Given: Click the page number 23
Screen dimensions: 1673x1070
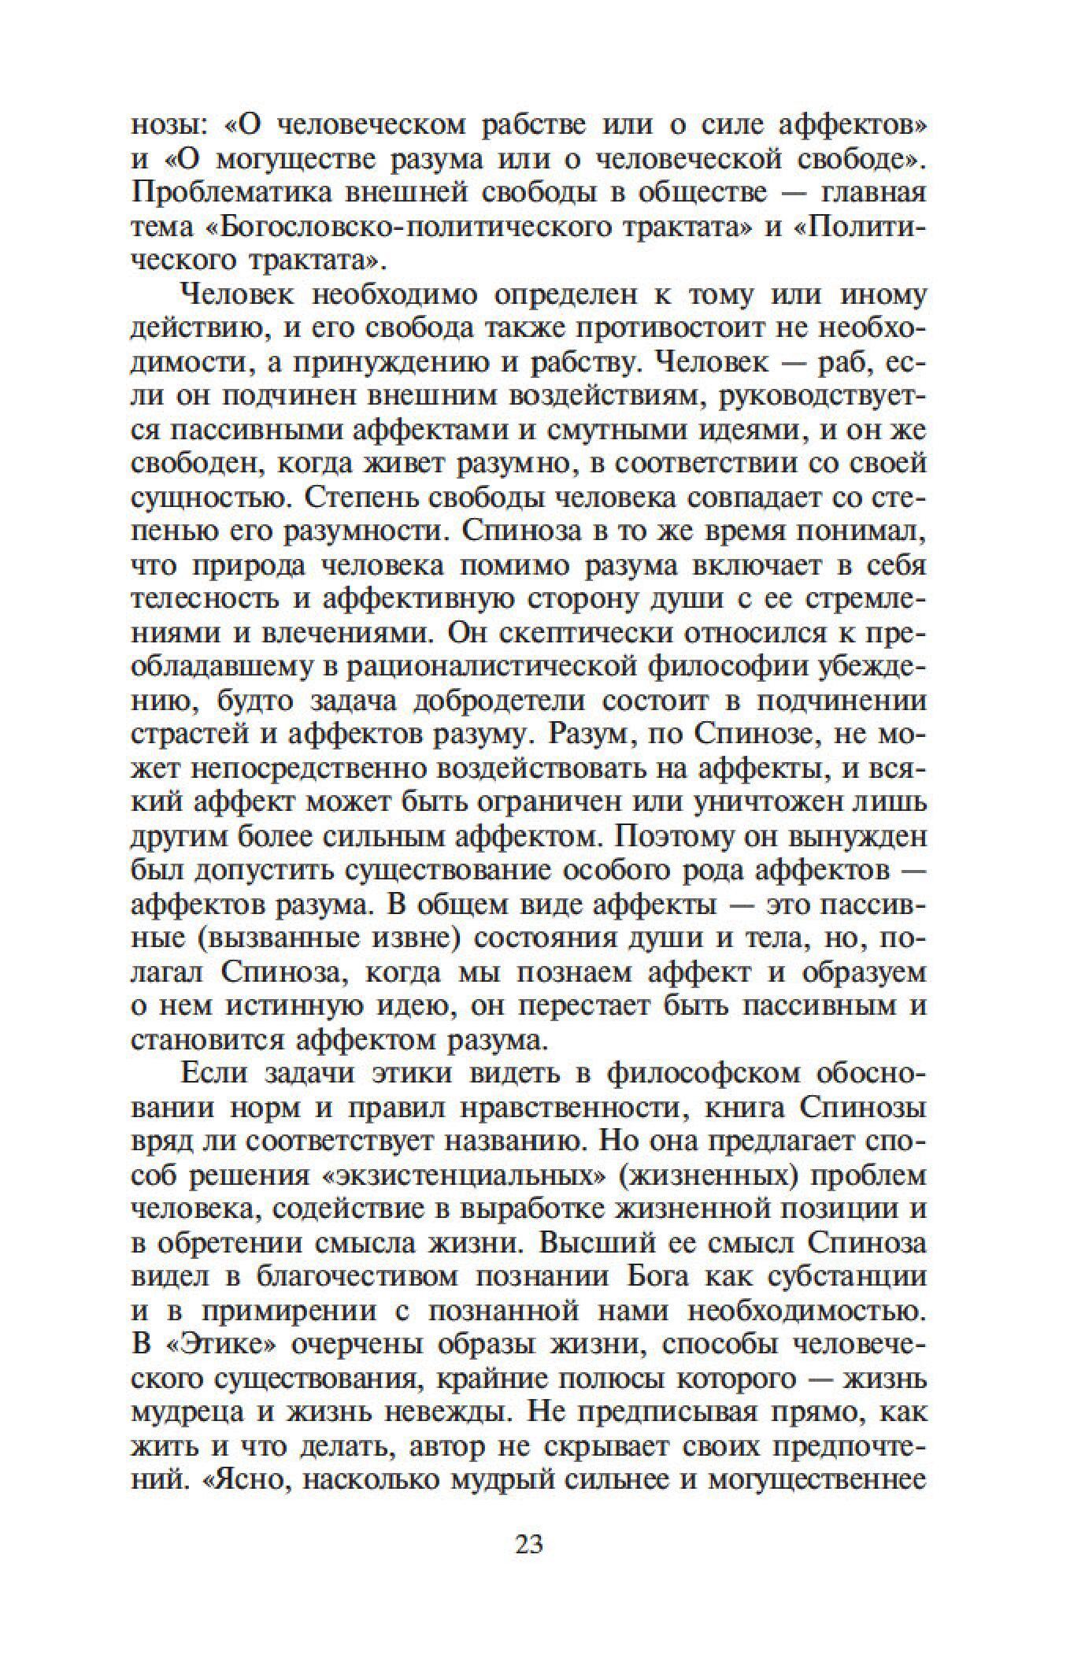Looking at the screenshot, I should (529, 1566).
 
